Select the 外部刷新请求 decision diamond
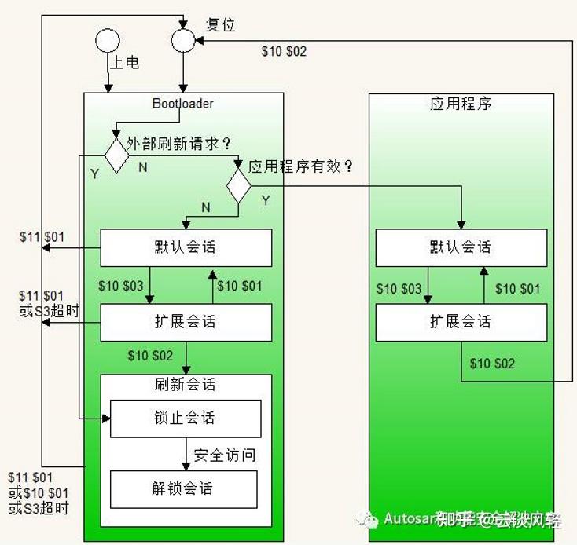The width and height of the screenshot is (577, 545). point(116,154)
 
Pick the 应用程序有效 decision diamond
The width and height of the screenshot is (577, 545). point(238,185)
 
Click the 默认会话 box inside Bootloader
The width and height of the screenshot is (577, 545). point(186,247)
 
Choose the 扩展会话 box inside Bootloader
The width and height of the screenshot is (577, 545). point(186,322)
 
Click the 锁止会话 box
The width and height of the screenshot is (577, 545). point(186,419)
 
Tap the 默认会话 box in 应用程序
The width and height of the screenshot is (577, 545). point(461,247)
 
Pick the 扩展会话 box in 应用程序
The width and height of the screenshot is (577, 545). point(461,322)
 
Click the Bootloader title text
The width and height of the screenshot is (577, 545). point(182,104)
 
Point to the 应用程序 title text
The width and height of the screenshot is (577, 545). point(461,104)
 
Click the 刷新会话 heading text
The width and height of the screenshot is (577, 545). point(186,385)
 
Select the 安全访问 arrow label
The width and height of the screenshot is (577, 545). point(225,455)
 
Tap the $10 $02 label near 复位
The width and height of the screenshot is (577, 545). point(284,52)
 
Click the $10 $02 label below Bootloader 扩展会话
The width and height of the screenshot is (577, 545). point(150,356)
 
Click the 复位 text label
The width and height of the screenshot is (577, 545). point(220,25)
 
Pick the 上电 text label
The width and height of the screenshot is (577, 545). point(124,62)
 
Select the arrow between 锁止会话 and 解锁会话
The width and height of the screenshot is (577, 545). point(186,454)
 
